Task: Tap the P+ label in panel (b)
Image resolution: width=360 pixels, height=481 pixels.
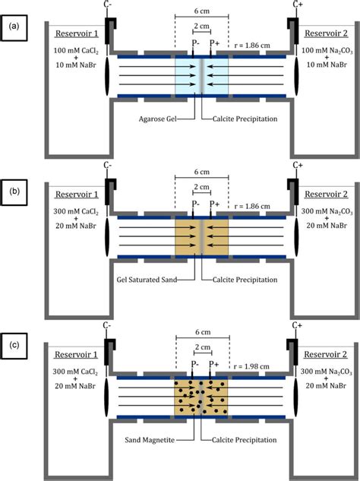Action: point(215,204)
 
